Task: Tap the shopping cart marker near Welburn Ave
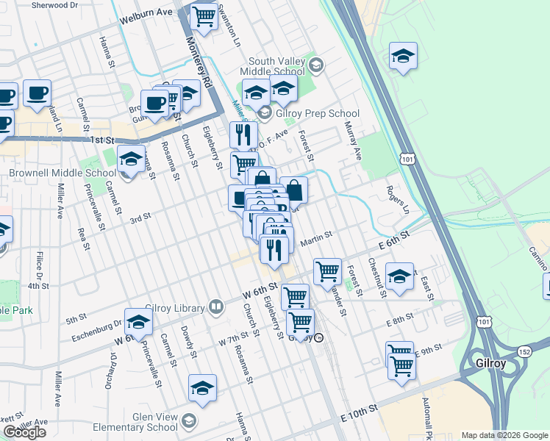[204, 15]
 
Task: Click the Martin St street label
[316, 237]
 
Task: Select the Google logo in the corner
[24, 432]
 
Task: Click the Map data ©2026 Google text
[504, 435]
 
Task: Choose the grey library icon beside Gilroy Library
[216, 306]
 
